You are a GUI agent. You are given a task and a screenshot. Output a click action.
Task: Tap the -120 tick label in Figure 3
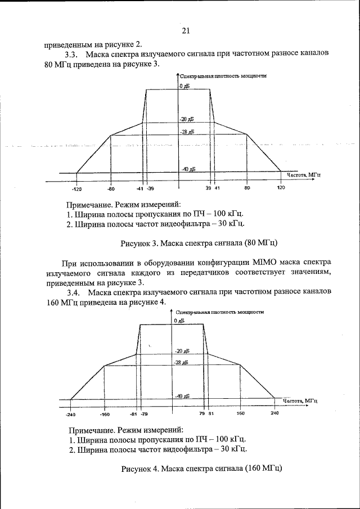click(76, 188)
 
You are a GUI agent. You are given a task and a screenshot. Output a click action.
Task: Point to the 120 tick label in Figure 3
click(281, 188)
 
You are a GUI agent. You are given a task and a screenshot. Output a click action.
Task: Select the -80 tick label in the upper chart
click(111, 188)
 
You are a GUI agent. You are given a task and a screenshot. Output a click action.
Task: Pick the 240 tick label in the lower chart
click(274, 413)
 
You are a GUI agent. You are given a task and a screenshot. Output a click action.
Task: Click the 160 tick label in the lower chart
click(240, 413)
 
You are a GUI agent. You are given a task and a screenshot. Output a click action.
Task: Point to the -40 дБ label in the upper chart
click(188, 169)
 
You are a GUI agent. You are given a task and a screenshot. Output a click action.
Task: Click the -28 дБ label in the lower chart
click(181, 363)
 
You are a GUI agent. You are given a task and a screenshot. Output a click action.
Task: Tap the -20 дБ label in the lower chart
click(182, 350)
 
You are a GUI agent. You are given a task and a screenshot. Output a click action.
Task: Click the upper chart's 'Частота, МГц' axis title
click(304, 175)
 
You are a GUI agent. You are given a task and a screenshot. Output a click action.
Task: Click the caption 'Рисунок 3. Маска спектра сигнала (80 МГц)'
click(199, 244)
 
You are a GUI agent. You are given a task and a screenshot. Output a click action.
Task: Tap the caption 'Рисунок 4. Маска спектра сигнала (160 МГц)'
click(201, 468)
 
